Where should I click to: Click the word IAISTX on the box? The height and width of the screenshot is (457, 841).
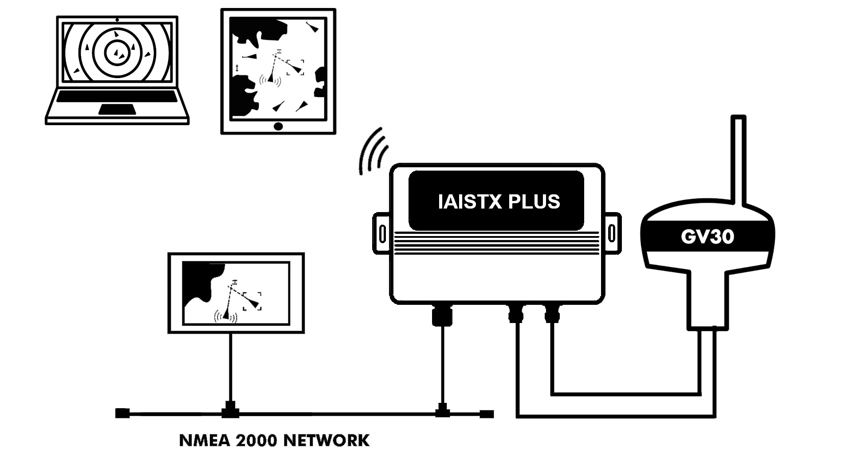point(470,202)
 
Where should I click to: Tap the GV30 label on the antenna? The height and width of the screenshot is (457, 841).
point(707,237)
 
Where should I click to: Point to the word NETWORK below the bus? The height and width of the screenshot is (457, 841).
point(326,441)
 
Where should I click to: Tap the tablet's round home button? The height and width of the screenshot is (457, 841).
point(278,126)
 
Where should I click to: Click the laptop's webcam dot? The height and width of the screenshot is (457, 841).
point(117,20)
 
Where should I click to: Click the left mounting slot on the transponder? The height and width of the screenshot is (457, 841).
point(382,233)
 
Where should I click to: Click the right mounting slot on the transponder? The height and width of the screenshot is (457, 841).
point(611,233)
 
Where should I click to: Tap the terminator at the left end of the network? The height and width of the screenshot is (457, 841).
point(122,414)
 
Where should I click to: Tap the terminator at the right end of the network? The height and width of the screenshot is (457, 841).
point(487,414)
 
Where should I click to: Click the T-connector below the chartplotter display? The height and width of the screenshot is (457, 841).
point(230,410)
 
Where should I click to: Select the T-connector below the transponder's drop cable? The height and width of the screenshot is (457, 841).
point(441,410)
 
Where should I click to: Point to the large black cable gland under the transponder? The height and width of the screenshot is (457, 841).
point(442,315)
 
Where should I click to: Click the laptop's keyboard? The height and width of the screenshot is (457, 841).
point(117,96)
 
